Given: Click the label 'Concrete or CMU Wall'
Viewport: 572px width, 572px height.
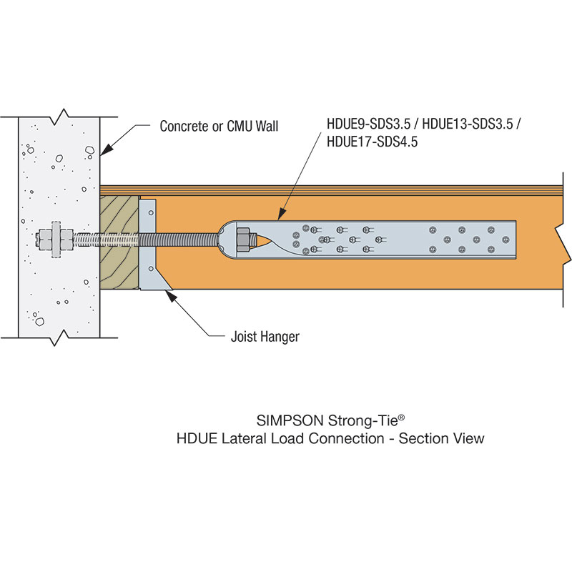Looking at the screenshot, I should (219, 127).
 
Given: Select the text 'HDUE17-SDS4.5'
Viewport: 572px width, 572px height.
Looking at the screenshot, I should (372, 142).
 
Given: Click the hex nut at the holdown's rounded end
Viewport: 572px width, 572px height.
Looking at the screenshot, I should (242, 239).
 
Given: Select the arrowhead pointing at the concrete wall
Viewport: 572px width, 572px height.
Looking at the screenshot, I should (104, 149).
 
